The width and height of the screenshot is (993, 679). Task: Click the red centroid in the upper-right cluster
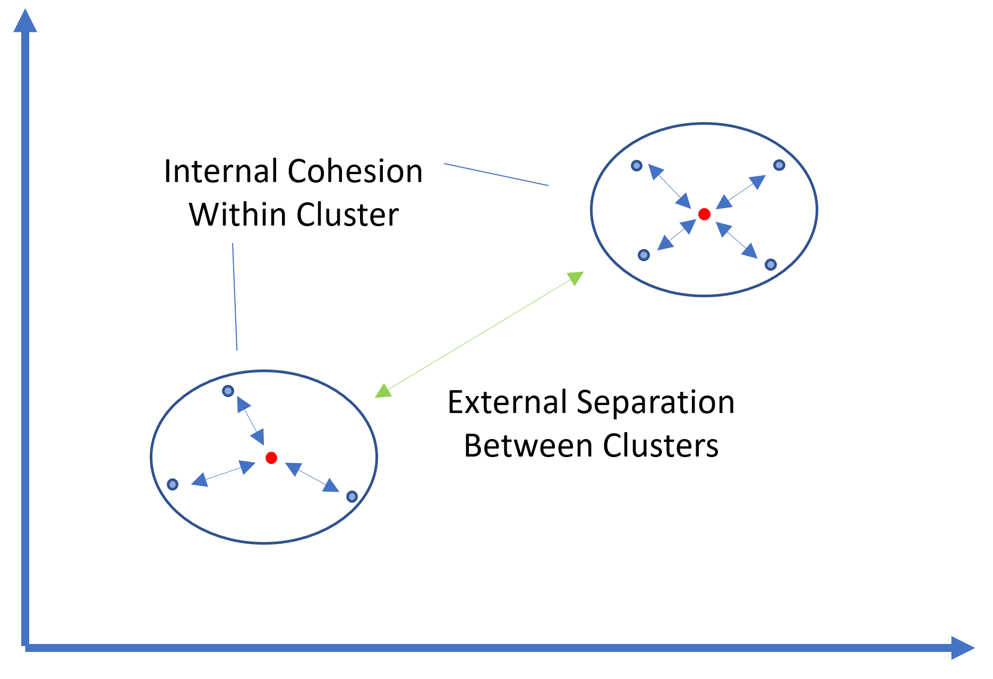tap(704, 214)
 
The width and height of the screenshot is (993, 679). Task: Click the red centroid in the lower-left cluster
tap(271, 458)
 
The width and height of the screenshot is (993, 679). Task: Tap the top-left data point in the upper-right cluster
tap(637, 166)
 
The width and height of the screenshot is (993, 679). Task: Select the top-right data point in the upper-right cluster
tap(779, 165)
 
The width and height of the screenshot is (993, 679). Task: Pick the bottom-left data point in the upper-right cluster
tap(644, 255)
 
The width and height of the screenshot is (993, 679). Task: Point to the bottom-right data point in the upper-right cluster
tap(771, 264)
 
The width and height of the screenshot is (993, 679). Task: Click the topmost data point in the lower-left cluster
tap(228, 391)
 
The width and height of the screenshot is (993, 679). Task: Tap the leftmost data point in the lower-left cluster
tap(173, 484)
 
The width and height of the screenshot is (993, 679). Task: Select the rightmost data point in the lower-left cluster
tap(352, 497)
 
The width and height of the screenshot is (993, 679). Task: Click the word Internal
tap(222, 171)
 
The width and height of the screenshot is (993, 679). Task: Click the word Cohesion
tap(355, 171)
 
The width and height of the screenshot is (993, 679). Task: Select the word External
tap(508, 402)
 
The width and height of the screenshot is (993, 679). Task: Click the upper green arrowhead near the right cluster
tap(576, 278)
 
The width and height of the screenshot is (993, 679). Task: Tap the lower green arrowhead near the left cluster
tap(383, 391)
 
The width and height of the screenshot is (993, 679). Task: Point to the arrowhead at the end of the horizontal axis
tap(963, 648)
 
